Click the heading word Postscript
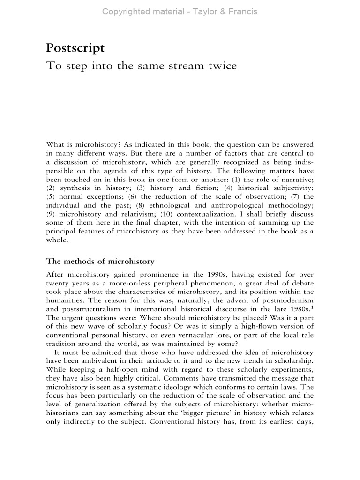click(75, 48)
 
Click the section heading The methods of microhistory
click(100, 261)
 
